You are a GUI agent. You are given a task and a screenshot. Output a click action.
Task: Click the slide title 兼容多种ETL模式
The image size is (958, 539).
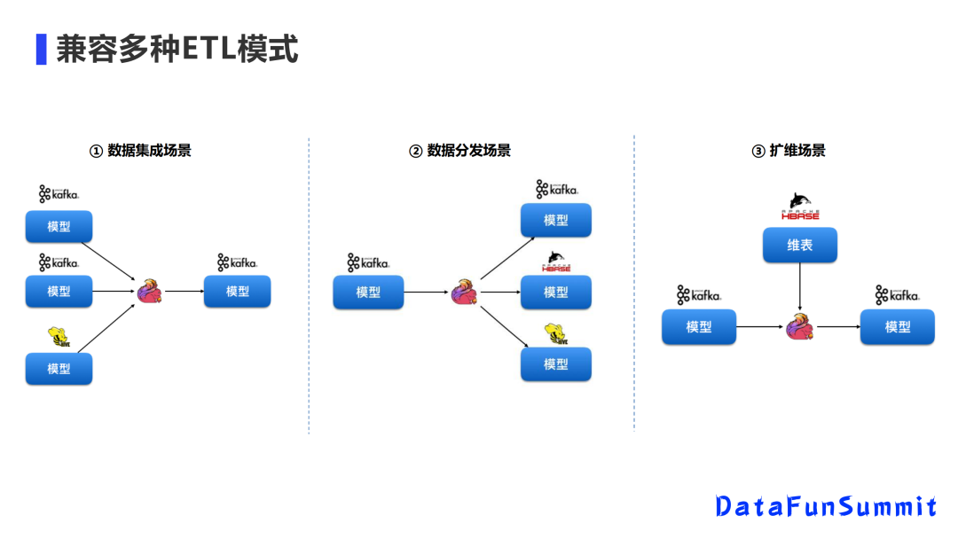[x=177, y=50]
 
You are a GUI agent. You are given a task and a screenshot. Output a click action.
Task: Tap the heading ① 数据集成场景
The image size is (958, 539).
[x=140, y=151]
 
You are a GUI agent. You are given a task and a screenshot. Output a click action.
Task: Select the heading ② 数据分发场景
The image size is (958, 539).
[x=459, y=151]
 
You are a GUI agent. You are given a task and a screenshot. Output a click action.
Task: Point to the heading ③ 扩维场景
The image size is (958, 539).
[x=788, y=151]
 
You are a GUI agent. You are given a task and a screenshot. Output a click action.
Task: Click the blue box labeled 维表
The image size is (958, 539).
[x=799, y=246]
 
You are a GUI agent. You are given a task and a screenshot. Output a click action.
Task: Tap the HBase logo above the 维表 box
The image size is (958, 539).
[x=799, y=207]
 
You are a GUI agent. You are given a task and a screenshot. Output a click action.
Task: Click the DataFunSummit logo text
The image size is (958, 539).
[x=826, y=506]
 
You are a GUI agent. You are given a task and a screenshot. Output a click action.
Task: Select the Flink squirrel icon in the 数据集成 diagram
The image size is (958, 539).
[x=149, y=291]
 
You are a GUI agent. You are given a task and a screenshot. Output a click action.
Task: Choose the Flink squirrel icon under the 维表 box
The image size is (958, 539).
[x=799, y=326]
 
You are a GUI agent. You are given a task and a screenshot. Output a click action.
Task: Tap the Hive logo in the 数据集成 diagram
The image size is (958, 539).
[x=59, y=337]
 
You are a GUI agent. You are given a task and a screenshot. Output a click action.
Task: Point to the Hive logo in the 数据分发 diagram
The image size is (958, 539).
[x=555, y=333]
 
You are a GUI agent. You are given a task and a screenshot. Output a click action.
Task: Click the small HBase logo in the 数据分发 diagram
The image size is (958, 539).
[x=555, y=262]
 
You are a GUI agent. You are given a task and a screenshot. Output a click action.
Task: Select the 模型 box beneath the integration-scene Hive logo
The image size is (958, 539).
[x=59, y=369]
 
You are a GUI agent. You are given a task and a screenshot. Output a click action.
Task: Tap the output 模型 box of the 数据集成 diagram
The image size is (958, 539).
[x=237, y=292]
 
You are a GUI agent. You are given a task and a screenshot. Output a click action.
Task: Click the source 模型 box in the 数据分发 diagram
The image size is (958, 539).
[x=368, y=292]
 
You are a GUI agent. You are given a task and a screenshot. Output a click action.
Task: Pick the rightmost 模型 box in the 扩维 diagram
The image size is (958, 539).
[x=897, y=327]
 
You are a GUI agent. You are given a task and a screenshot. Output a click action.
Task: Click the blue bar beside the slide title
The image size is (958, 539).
[x=41, y=50]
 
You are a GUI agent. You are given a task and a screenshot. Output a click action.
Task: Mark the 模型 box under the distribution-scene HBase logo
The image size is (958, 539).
[x=555, y=292]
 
